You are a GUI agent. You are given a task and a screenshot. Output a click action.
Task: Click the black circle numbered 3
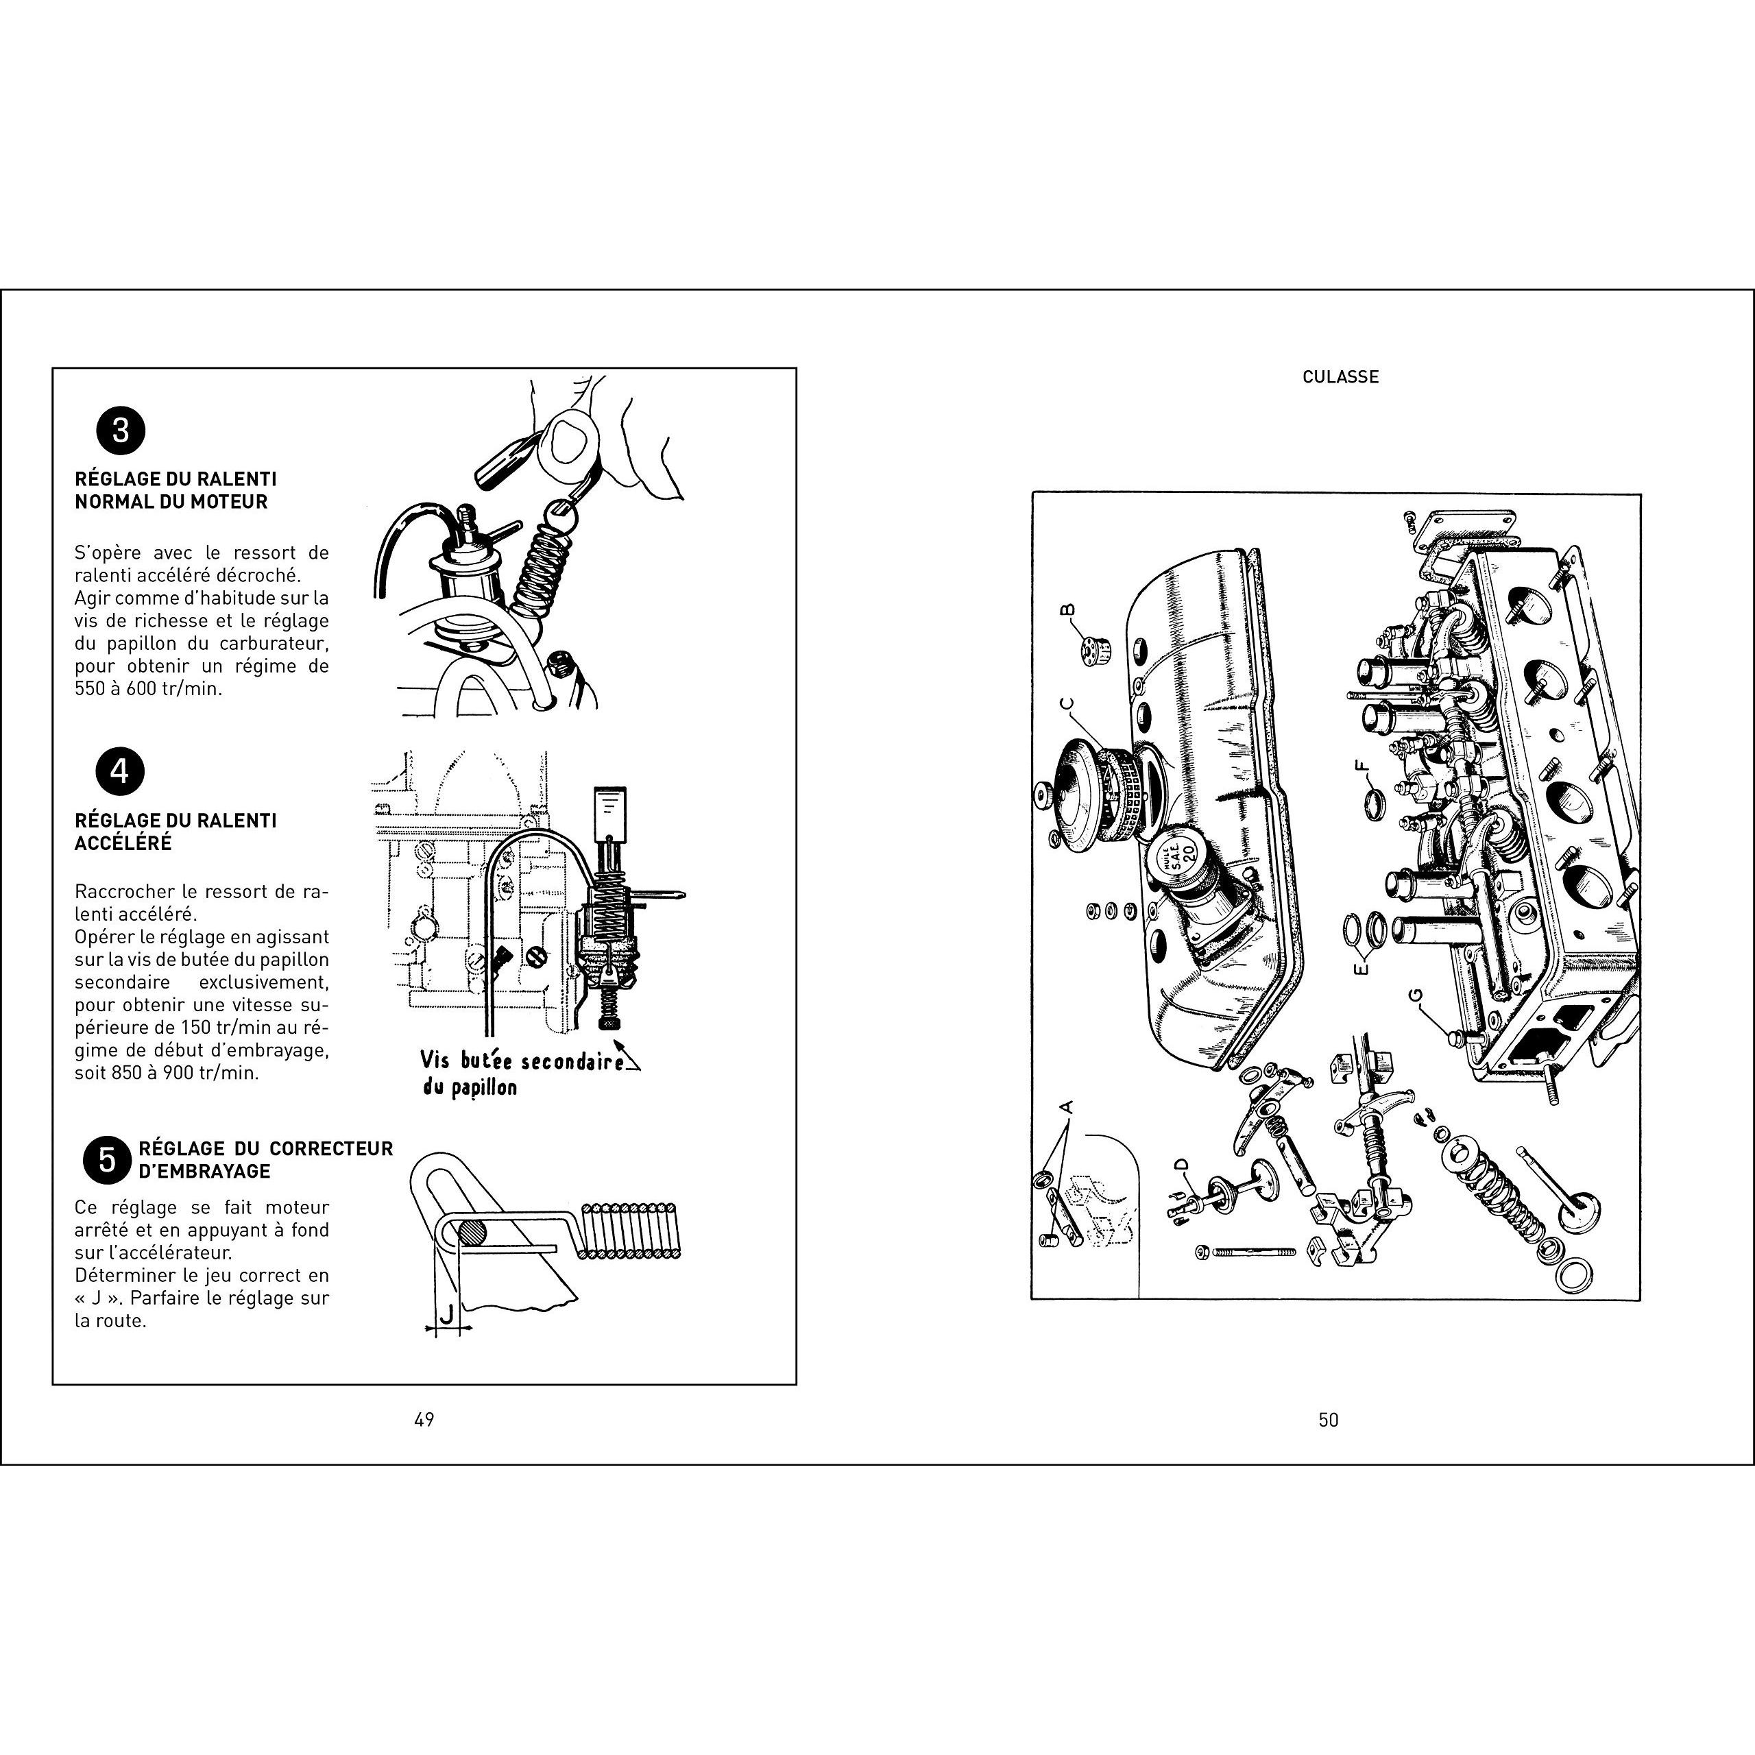pyautogui.click(x=120, y=430)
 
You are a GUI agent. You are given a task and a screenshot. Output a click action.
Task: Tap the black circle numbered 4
pyautogui.click(x=120, y=771)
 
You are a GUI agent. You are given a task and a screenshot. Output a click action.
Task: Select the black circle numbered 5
pyautogui.click(x=107, y=1160)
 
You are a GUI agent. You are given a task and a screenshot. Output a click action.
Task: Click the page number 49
pyautogui.click(x=424, y=1419)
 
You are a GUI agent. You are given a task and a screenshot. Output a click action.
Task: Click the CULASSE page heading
pyautogui.click(x=1341, y=376)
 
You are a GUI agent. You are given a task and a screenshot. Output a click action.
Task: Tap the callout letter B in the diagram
pyautogui.click(x=1068, y=609)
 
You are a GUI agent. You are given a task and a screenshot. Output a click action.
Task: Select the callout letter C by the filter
pyautogui.click(x=1067, y=703)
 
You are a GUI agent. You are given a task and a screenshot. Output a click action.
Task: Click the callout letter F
pyautogui.click(x=1361, y=765)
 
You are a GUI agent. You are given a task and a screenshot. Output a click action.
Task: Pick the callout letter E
pyautogui.click(x=1360, y=969)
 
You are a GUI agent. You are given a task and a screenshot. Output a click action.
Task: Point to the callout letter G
pyautogui.click(x=1415, y=997)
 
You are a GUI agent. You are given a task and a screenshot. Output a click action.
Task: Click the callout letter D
pyautogui.click(x=1181, y=1165)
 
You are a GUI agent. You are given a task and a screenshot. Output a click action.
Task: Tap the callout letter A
pyautogui.click(x=1067, y=1107)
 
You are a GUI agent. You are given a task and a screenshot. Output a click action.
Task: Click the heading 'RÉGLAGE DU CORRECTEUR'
pyautogui.click(x=265, y=1148)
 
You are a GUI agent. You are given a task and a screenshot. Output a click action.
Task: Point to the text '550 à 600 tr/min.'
pyautogui.click(x=148, y=688)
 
